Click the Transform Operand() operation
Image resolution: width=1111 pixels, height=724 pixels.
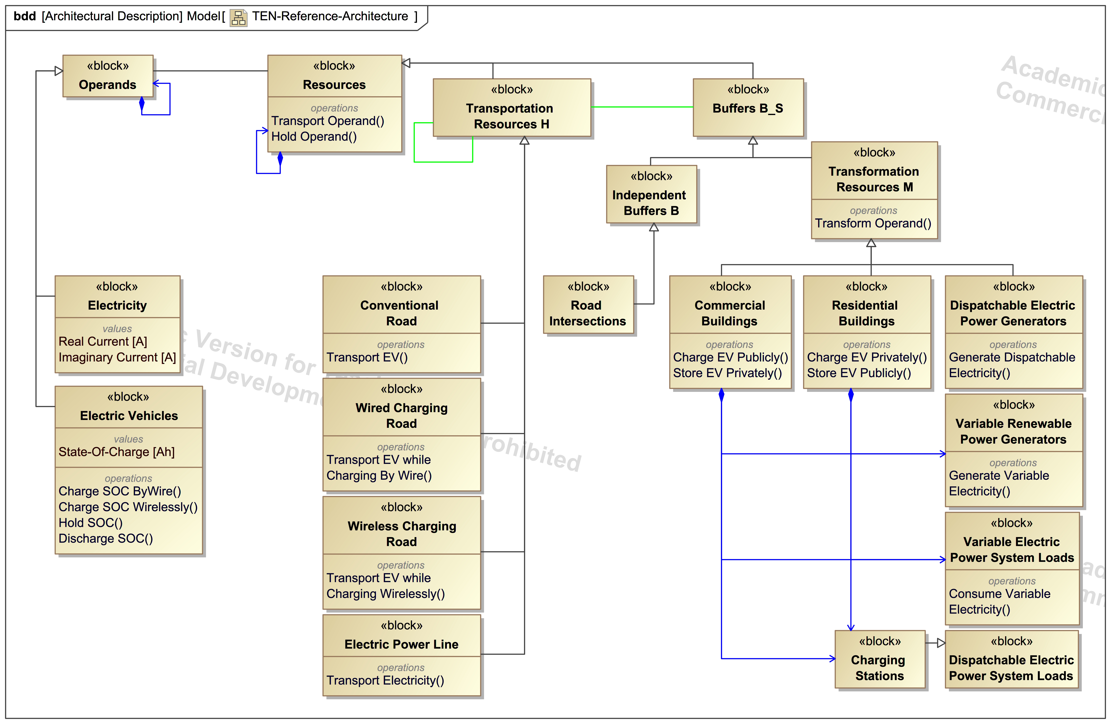[873, 223]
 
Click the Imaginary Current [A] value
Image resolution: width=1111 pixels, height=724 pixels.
[117, 357]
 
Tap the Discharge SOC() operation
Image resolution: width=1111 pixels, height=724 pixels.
[105, 539]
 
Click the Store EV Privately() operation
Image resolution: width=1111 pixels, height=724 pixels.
[727, 373]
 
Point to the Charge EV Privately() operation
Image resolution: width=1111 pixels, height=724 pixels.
[866, 357]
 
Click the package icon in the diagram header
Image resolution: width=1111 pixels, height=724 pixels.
[239, 18]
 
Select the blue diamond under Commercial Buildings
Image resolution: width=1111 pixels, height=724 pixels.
[721, 395]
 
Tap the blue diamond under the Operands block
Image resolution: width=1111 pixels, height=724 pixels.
[142, 104]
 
